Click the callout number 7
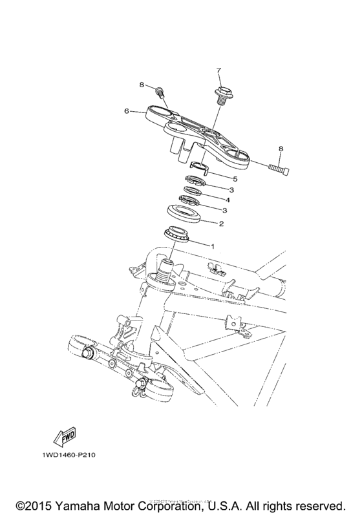coord(218,70)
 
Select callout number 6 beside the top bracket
coord(127,111)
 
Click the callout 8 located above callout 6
coord(141,84)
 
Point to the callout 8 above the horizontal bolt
coord(280,150)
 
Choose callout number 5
coord(217,178)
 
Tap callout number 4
coord(217,200)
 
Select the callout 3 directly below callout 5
coord(223,190)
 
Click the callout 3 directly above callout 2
coord(223,211)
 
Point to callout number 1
coord(210,246)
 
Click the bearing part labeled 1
coord(178,234)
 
